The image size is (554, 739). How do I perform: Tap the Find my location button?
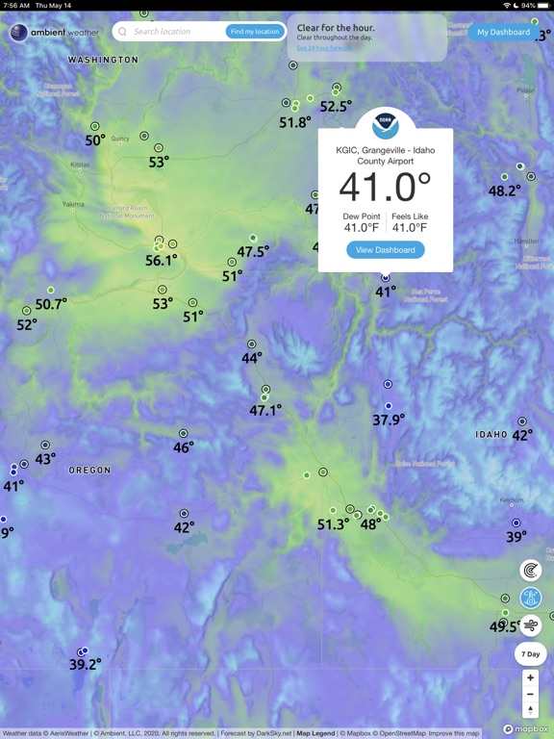point(255,32)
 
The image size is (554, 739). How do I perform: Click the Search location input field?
point(173,32)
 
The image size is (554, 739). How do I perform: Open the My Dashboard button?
point(503,32)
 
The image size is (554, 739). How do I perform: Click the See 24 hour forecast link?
point(323,48)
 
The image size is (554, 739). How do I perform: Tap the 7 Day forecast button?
point(530,654)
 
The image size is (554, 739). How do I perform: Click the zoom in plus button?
point(530,677)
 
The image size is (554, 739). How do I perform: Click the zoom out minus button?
point(530,694)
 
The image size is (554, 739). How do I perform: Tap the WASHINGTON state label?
point(103,60)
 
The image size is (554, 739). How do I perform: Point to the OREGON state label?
point(89,471)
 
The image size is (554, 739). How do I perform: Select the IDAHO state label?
point(491,435)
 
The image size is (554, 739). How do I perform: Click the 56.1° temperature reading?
point(161,260)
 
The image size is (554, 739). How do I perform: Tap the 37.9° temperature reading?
point(389,420)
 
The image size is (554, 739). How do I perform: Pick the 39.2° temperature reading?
point(85,664)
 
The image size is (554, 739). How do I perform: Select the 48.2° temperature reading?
point(504,191)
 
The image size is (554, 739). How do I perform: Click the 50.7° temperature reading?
point(51,304)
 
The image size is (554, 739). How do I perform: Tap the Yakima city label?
point(73,204)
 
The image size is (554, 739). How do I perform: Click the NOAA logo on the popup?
point(386,123)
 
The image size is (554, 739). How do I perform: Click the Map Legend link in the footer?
point(315,733)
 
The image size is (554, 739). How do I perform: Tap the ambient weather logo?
point(55,33)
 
